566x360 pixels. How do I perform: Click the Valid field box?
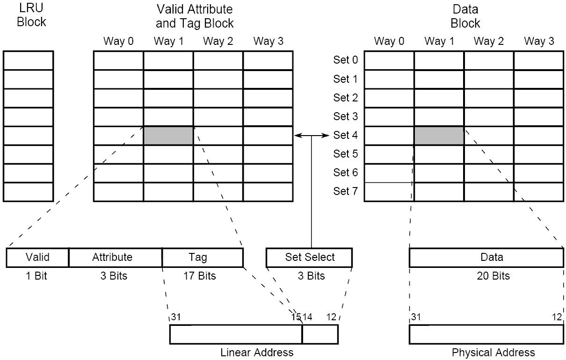(x=37, y=257)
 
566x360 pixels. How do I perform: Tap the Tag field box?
(x=202, y=257)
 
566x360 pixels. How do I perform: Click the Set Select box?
(x=309, y=257)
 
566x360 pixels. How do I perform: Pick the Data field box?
(x=486, y=257)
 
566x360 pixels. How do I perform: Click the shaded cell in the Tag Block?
(x=168, y=136)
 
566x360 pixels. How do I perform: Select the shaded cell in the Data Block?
(x=439, y=136)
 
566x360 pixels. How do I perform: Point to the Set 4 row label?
(x=345, y=135)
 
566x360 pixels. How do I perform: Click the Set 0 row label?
(x=345, y=60)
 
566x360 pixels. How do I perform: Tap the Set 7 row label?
(x=345, y=191)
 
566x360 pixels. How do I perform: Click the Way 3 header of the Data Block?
(x=538, y=41)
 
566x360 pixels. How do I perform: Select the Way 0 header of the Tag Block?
(x=118, y=41)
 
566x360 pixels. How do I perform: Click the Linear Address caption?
(x=257, y=352)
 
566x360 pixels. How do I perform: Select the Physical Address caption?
(x=493, y=352)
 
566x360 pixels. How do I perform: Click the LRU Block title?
(x=31, y=15)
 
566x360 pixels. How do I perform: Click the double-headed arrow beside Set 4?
(x=312, y=136)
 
